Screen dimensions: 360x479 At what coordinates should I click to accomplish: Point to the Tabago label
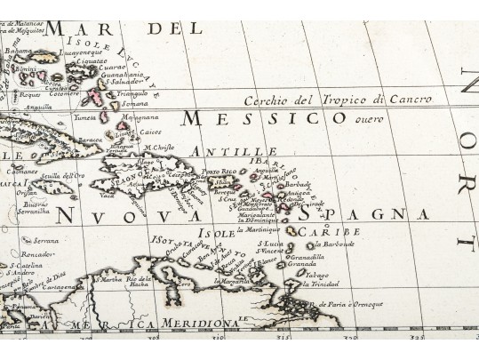click(317, 275)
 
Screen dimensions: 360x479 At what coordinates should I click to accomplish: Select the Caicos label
click(140, 132)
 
